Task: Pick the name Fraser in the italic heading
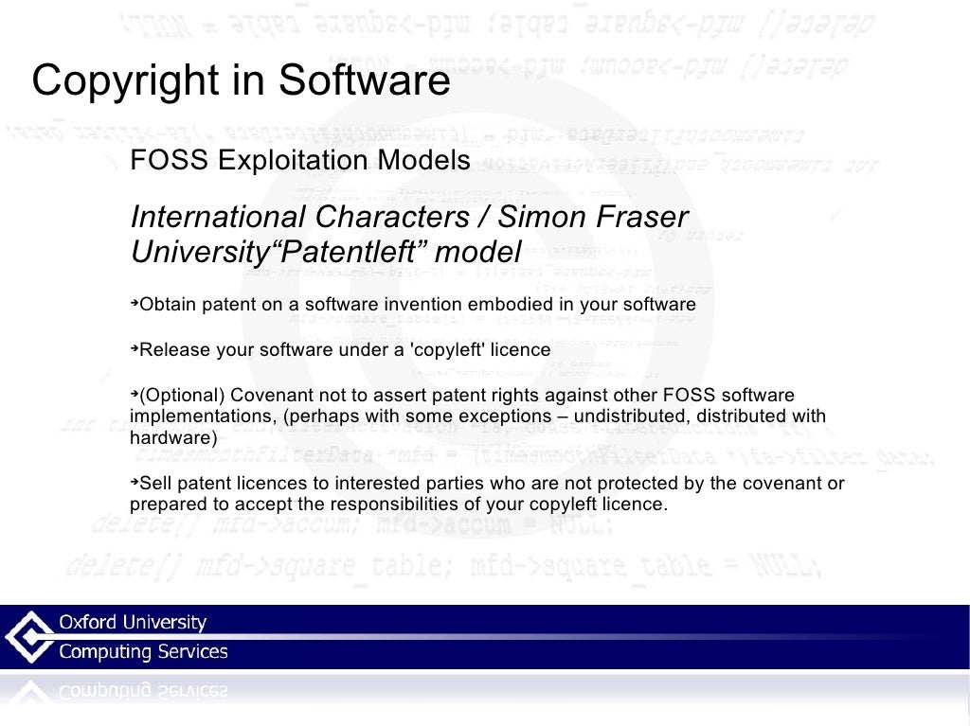point(634,218)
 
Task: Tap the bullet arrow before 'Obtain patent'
point(135,303)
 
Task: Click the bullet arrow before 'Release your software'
point(135,348)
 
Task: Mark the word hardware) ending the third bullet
point(173,438)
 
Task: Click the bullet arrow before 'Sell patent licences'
point(135,482)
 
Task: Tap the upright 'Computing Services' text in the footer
point(144,652)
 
